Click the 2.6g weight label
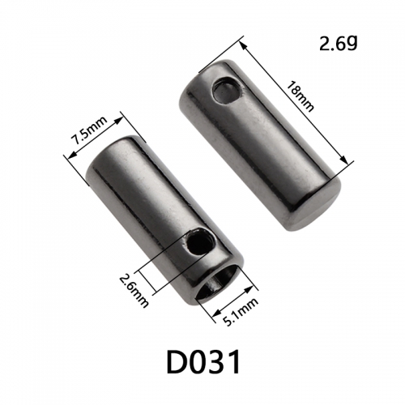coord(339,44)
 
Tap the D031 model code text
coord(203,362)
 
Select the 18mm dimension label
coord(300,96)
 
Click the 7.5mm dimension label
coord(89,130)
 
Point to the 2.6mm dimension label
coord(134,290)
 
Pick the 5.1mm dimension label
coord(240,312)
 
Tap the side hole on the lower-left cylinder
coord(199,242)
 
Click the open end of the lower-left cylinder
coord(217,283)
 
